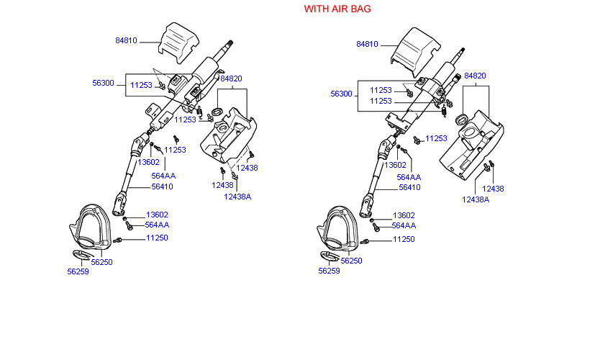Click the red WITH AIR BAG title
coord(337,9)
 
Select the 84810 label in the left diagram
coord(126,40)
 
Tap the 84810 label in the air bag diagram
coord(367,44)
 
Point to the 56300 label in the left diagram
coord(103,84)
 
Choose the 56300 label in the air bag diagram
coord(341,94)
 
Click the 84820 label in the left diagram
coord(231,78)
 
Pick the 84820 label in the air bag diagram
coord(475,76)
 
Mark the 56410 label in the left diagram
coord(162,186)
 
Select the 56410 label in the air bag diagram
coord(409,187)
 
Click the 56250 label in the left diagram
coord(101,262)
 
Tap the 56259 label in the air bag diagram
coord(329,271)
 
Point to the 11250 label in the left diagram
coord(157,238)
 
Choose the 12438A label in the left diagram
coord(237,197)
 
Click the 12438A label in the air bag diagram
coord(476,199)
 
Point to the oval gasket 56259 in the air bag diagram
coord(330,256)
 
